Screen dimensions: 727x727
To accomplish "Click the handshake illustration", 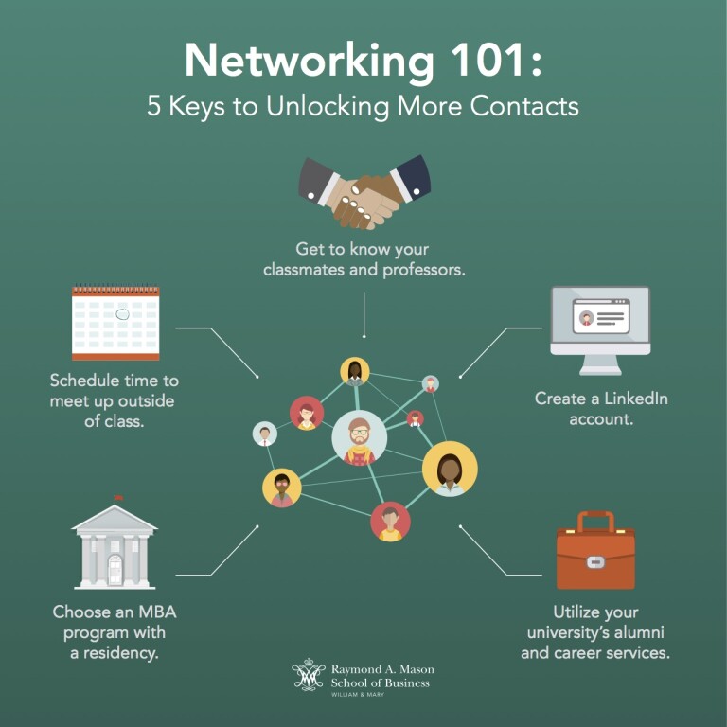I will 364,191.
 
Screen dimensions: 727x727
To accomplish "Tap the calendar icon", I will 115,323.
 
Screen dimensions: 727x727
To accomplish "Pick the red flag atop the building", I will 118,498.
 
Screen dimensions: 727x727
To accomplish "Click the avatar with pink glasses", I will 281,488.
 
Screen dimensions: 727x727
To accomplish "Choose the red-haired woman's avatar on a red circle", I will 307,414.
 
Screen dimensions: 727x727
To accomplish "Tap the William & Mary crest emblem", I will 309,676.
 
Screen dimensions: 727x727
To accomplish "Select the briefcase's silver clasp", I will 595,561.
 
